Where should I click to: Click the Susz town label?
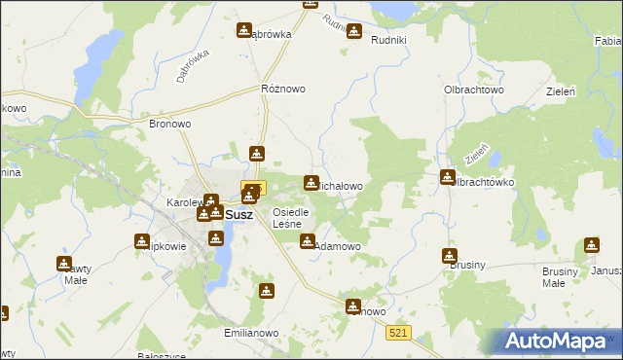coord(238,215)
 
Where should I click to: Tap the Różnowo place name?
coord(283,89)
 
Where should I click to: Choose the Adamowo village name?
coord(337,247)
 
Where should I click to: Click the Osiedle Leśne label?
coord(290,218)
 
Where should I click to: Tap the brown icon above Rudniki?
coord(354,30)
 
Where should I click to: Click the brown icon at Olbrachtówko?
coord(448,177)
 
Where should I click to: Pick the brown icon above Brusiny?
coord(449,256)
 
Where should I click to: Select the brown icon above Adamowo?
coord(308,240)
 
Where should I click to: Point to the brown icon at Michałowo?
coord(311,182)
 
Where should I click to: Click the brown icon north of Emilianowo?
coord(267,290)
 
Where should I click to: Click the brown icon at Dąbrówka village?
coord(244,30)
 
